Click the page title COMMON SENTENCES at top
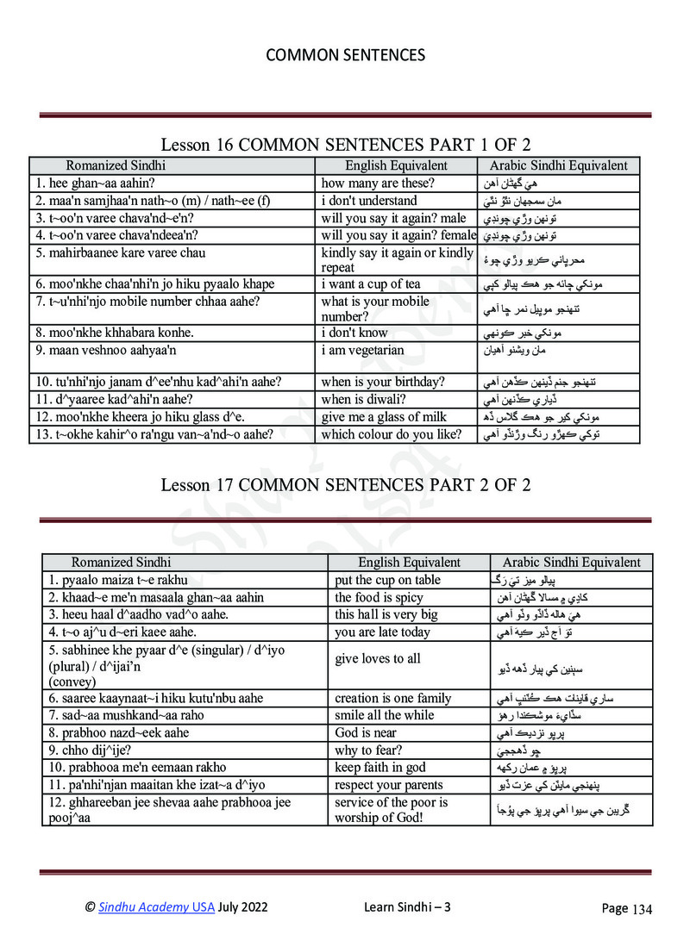[x=345, y=55]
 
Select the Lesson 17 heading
[x=345, y=485]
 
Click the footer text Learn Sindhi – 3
[x=408, y=906]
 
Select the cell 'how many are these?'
[x=378, y=183]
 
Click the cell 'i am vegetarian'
[x=362, y=350]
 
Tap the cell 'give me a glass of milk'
[x=384, y=417]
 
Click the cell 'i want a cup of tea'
[x=371, y=284]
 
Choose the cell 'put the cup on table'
[x=387, y=580]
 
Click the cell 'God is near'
[x=364, y=732]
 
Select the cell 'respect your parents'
[x=388, y=784]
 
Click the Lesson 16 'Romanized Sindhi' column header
[x=116, y=165]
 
